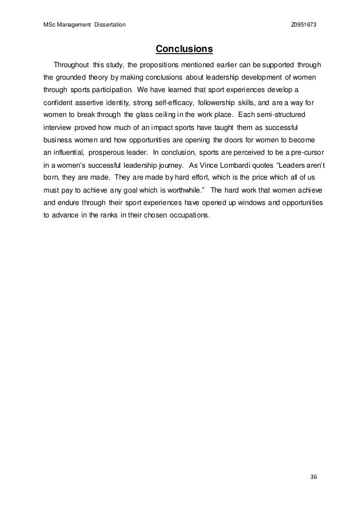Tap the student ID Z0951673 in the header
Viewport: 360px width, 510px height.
pos(304,26)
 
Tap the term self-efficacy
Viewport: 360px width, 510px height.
pos(169,104)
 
